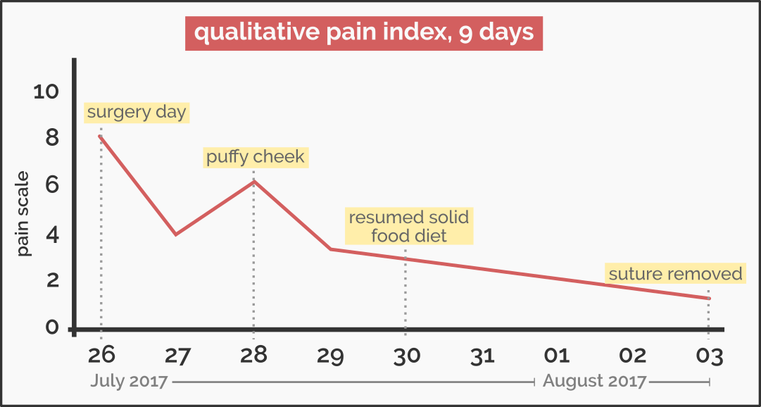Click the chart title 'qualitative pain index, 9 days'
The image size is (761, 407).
[x=363, y=34]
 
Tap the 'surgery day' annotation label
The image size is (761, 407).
[x=137, y=113]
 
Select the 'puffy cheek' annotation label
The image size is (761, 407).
[x=256, y=156]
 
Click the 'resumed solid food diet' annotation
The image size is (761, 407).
[x=409, y=226]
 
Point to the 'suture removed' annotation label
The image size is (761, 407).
[x=676, y=274]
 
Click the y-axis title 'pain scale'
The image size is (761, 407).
[x=25, y=214]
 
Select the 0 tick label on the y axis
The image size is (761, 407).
[x=51, y=328]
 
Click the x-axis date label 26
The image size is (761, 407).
[x=101, y=355]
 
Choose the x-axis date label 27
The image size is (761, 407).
[x=177, y=355]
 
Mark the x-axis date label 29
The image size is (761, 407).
[x=329, y=355]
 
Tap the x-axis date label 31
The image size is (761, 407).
[x=482, y=355]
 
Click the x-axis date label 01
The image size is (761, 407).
[x=558, y=355]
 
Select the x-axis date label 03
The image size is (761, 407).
[x=709, y=355]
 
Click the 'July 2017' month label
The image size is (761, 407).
[x=130, y=382]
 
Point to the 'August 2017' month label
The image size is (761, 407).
[x=594, y=382]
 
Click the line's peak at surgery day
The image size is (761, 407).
[x=101, y=136]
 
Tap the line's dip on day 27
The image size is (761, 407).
[x=175, y=234]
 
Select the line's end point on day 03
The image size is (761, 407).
[x=708, y=298]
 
